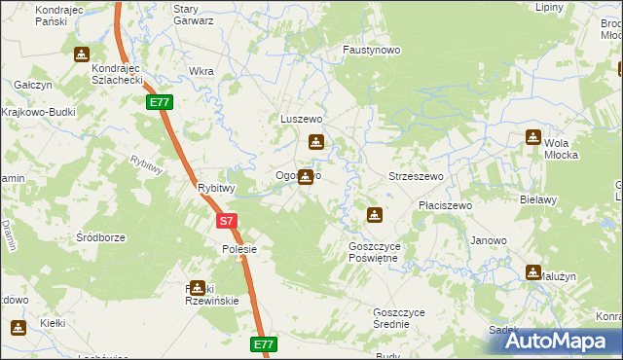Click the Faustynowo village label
click(x=373, y=48)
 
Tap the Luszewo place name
click(x=301, y=119)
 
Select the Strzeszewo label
click(x=417, y=176)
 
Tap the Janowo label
click(x=489, y=240)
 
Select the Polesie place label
click(x=238, y=249)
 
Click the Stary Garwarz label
click(x=193, y=15)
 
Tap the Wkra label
click(x=202, y=71)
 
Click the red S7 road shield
click(x=226, y=221)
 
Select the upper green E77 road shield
click(x=160, y=102)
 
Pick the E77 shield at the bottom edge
click(x=264, y=344)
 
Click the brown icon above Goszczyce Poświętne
click(x=374, y=214)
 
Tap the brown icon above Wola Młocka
click(x=533, y=137)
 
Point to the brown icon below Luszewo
click(x=314, y=142)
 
